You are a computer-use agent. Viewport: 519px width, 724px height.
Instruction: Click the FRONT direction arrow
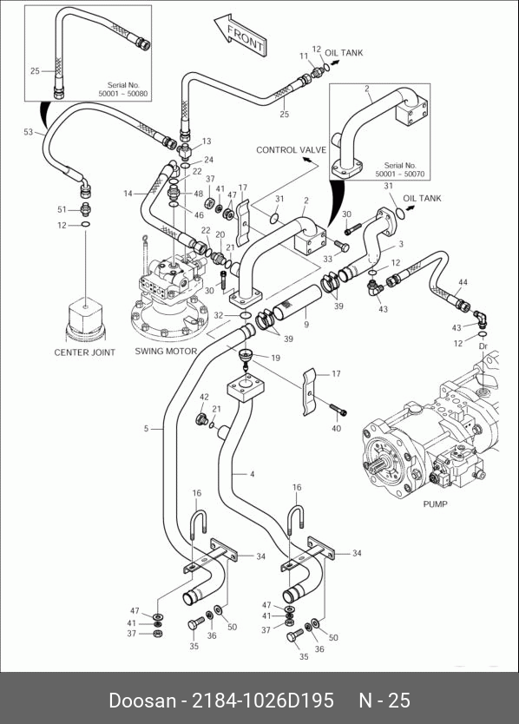[240, 35]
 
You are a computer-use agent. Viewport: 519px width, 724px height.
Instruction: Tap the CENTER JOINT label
[84, 352]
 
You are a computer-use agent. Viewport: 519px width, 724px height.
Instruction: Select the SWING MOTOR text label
[166, 351]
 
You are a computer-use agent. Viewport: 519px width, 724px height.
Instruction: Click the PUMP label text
[435, 504]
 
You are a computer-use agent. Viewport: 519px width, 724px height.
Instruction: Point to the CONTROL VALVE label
[291, 150]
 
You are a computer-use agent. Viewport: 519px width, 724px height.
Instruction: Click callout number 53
[29, 132]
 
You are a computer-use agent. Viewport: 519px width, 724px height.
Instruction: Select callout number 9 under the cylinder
[306, 325]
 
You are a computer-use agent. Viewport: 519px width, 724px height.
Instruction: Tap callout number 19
[275, 358]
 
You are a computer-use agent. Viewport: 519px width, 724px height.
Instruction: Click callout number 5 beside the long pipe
[146, 429]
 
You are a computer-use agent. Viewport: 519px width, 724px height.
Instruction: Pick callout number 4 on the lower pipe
[252, 474]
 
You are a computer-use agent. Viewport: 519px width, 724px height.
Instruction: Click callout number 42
[204, 397]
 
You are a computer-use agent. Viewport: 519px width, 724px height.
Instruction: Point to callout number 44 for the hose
[463, 282]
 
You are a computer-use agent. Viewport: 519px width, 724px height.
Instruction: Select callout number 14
[128, 194]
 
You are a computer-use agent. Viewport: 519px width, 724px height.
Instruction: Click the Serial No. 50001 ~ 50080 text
[123, 89]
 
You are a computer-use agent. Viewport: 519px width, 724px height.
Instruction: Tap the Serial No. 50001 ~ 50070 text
[400, 169]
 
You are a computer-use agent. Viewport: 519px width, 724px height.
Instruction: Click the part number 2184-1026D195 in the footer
[262, 700]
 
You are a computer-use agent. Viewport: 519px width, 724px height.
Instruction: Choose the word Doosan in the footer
[142, 700]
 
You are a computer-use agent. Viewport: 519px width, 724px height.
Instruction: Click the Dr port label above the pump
[483, 346]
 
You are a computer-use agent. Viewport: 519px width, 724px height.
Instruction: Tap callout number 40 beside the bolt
[336, 428]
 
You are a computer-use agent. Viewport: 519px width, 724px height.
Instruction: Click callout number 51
[62, 209]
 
